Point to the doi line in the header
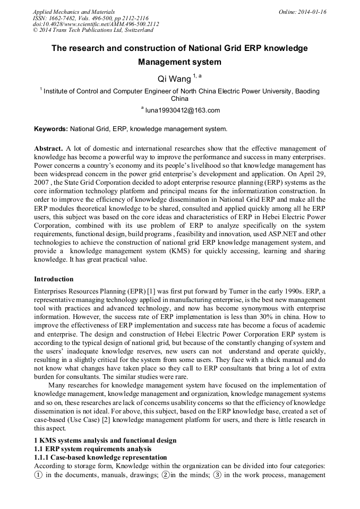point(96,24)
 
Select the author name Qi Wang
point(174,79)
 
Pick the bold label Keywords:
point(51,128)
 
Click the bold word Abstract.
point(48,149)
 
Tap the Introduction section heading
point(54,279)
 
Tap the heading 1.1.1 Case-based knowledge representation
point(100,458)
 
